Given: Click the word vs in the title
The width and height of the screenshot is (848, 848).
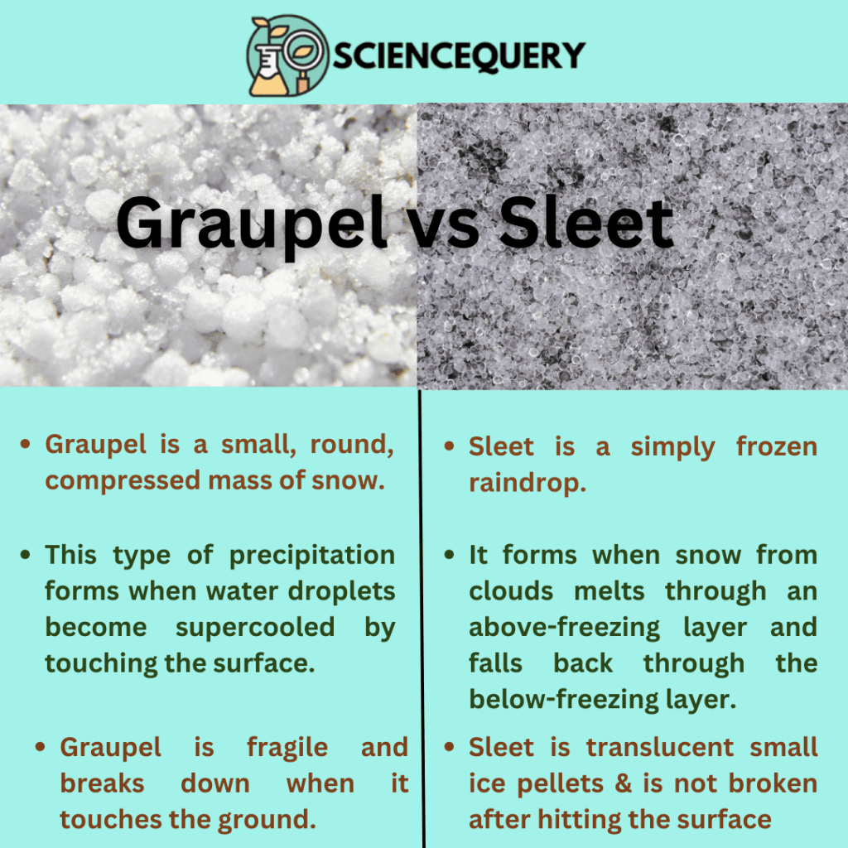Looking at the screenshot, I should coord(439,224).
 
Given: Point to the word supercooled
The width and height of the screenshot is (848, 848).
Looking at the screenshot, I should coord(254,627).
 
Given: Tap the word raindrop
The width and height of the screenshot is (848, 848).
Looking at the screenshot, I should coord(528,484).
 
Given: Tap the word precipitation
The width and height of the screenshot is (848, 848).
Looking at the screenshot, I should coord(312,555).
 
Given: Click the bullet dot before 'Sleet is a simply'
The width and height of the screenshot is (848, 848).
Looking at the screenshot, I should coord(449,447).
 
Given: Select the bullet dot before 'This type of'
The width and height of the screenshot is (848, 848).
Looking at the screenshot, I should coord(27,555).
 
